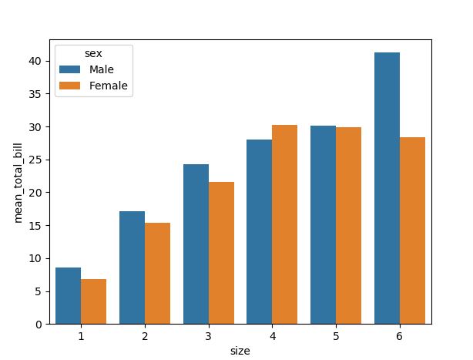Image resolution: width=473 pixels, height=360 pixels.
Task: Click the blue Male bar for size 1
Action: coord(68,295)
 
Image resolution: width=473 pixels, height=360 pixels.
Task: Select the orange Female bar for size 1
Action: coord(93,301)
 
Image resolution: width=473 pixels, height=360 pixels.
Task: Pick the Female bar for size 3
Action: coord(221,253)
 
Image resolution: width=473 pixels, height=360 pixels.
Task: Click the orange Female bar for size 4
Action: coord(285,224)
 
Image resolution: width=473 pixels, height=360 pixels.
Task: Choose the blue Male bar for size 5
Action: coord(323,224)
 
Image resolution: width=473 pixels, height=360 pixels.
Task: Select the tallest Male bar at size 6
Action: coord(387,188)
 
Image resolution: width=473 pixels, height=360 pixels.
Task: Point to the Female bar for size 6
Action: coord(412,230)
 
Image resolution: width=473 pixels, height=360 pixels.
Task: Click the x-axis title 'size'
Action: coord(240,351)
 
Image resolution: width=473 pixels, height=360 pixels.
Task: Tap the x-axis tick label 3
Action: coord(208,337)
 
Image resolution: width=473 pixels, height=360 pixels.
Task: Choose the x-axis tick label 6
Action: coord(399,337)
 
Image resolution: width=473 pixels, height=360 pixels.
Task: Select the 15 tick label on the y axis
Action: coord(37,225)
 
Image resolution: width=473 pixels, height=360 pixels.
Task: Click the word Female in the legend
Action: coord(109,86)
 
